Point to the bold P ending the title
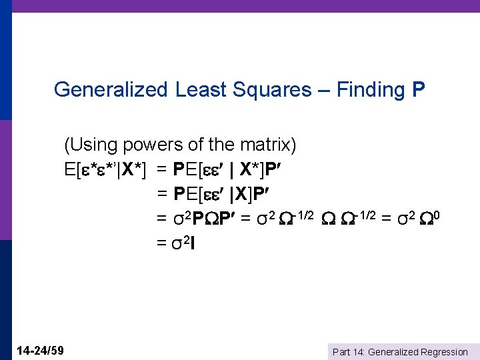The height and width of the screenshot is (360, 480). tap(419, 90)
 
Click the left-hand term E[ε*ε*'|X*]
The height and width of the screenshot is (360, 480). tap(107, 169)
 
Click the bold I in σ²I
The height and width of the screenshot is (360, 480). tap(192, 243)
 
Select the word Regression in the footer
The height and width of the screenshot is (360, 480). tap(445, 352)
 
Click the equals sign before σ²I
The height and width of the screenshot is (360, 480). tap(161, 243)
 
